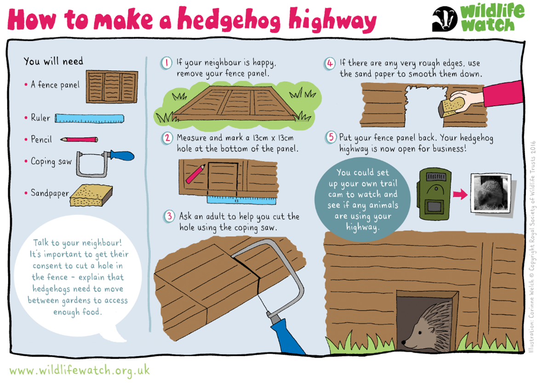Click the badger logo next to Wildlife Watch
tap(445, 19)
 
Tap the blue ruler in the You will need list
tap(89, 119)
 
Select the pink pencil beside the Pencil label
tap(79, 139)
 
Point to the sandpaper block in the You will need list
tap(91, 196)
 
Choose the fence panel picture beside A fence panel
tap(112, 87)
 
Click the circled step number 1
tap(166, 63)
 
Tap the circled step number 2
tap(167, 138)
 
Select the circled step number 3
tap(169, 216)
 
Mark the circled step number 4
tap(330, 63)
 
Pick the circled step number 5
tap(331, 138)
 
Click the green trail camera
tap(434, 194)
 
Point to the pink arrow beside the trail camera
tap(460, 194)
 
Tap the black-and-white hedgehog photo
tap(491, 193)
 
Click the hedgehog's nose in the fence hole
tap(404, 342)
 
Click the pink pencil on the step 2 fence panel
tap(195, 174)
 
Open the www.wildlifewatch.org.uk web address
tap(80, 370)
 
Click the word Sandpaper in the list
tap(50, 193)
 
